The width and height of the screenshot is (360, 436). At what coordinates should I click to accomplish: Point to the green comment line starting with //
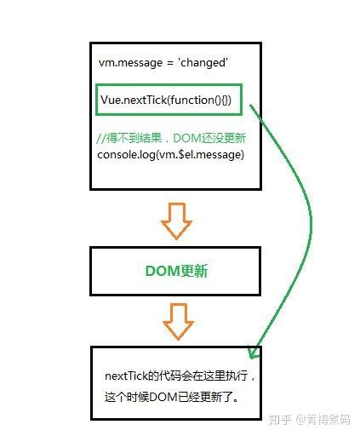(x=171, y=137)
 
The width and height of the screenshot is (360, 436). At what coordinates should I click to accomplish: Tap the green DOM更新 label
(x=175, y=271)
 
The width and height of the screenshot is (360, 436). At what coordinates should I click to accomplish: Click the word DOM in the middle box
(x=160, y=271)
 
